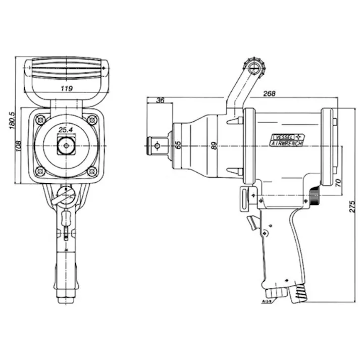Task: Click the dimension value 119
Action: [x=66, y=88]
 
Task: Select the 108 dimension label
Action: [x=19, y=146]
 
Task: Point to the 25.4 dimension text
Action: [x=66, y=130]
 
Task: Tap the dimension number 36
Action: [x=161, y=100]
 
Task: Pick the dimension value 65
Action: [x=178, y=145]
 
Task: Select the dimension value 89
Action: [x=214, y=145]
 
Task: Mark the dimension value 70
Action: [x=338, y=181]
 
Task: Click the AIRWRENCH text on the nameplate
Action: [x=286, y=144]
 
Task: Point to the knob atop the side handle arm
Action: [x=253, y=66]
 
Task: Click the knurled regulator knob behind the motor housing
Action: [x=315, y=197]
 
